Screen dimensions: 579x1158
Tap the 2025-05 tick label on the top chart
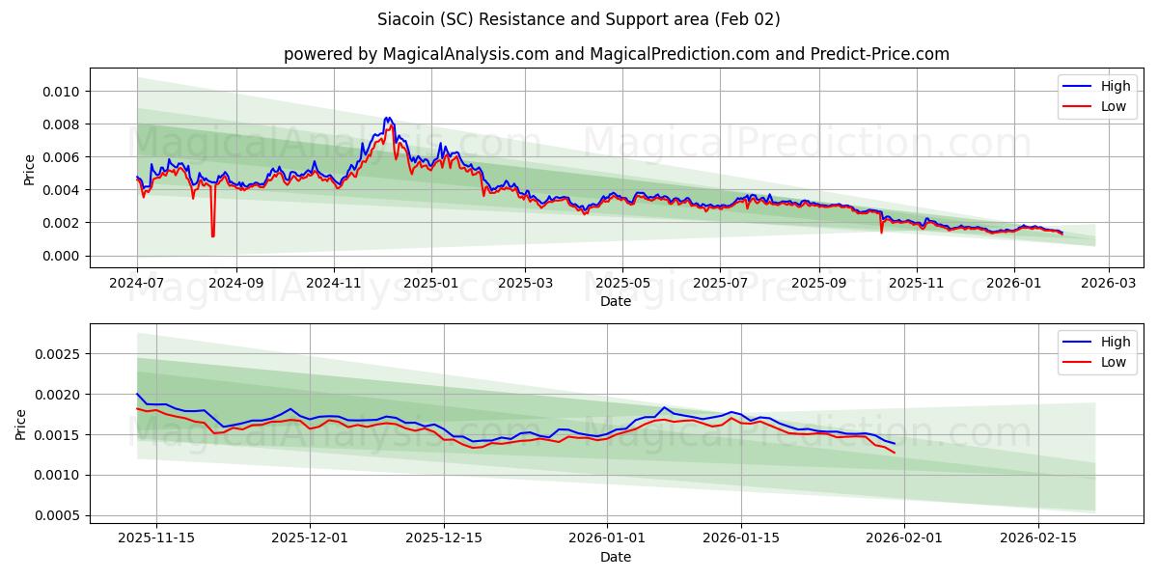tap(622, 284)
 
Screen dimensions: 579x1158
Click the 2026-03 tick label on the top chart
tap(1108, 284)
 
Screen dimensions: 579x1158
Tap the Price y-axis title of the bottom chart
tap(21, 424)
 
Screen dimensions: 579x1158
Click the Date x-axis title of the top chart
tap(616, 301)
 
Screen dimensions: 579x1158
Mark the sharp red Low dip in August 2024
tap(212, 234)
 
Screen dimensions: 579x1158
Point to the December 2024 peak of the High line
tap(388, 118)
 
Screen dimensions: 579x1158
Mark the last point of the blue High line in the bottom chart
tap(895, 444)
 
